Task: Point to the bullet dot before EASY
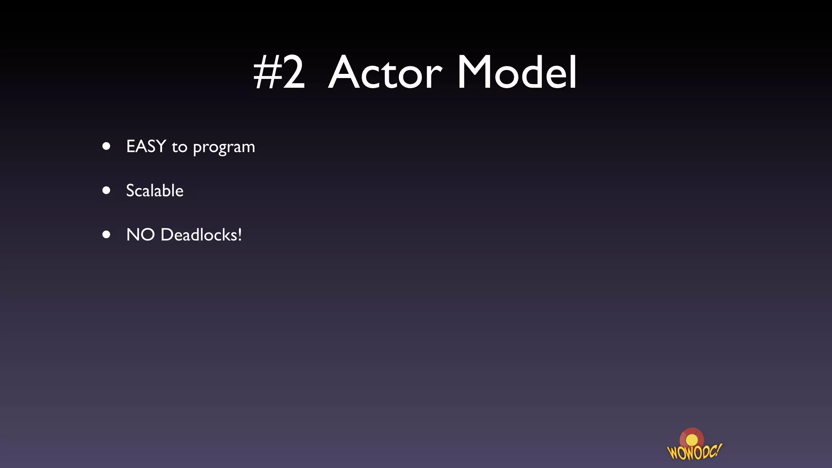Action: tap(106, 146)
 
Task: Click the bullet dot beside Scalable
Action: tap(106, 190)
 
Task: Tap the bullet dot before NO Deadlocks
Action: tap(106, 234)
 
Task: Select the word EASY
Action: tap(146, 146)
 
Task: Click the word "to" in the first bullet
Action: tap(179, 147)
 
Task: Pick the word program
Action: tap(224, 147)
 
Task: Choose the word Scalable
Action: tap(154, 191)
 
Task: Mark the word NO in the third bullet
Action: tap(141, 235)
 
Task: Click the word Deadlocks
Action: tap(199, 235)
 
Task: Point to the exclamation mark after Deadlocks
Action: tap(240, 234)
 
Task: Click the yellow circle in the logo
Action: tap(691, 440)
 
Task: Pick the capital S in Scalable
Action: tap(130, 191)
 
